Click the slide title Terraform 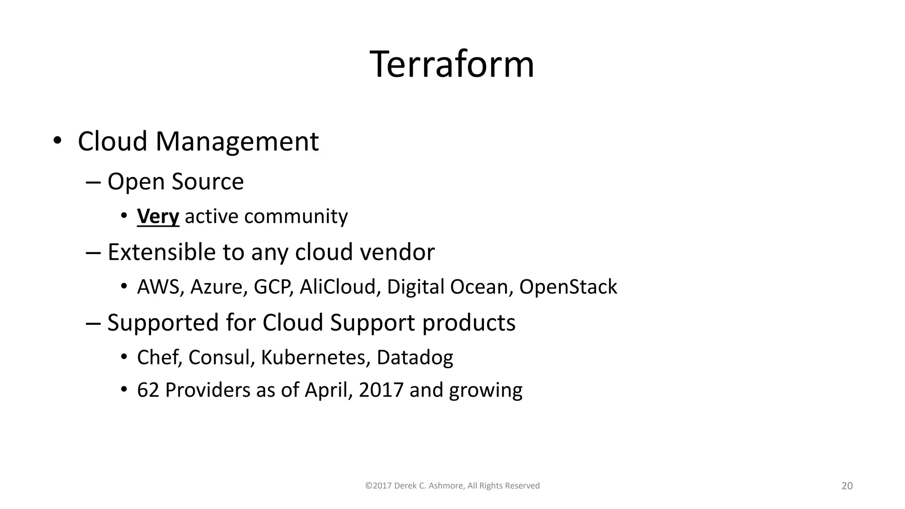[x=452, y=65]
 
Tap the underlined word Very [x=158, y=217]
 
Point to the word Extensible [x=161, y=252]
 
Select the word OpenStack [x=568, y=287]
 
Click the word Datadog [x=414, y=357]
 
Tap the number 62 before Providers [x=148, y=390]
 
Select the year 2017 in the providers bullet [x=381, y=390]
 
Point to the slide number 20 [x=847, y=486]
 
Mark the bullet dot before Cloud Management [x=57, y=141]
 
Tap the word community [x=296, y=217]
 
